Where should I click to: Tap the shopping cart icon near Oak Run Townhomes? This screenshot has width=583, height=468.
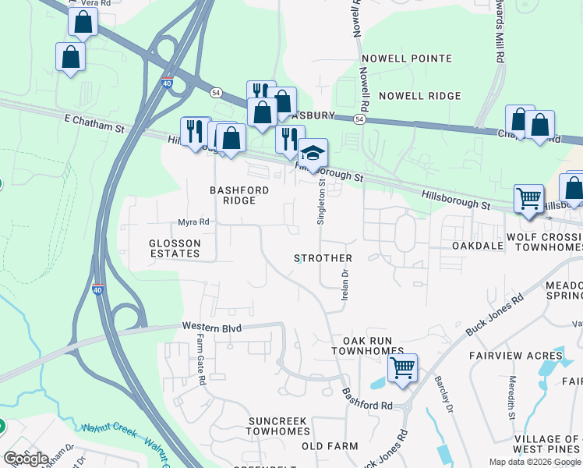click(402, 367)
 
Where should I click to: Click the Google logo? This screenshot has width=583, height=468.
click(26, 458)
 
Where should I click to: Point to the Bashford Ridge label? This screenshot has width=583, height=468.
click(239, 195)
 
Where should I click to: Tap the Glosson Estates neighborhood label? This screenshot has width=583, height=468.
click(175, 248)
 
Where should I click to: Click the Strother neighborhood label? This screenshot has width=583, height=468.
click(323, 258)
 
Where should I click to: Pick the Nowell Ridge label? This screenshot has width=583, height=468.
click(419, 96)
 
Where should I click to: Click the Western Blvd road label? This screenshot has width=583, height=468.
click(213, 327)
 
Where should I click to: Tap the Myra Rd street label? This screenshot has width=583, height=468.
click(194, 222)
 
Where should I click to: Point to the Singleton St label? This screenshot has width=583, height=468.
click(320, 201)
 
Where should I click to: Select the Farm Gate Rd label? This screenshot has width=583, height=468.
click(200, 360)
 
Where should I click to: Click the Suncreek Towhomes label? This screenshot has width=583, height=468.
click(279, 426)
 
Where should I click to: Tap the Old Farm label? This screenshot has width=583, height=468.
click(330, 446)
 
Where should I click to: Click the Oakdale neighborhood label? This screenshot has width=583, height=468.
click(477, 246)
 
